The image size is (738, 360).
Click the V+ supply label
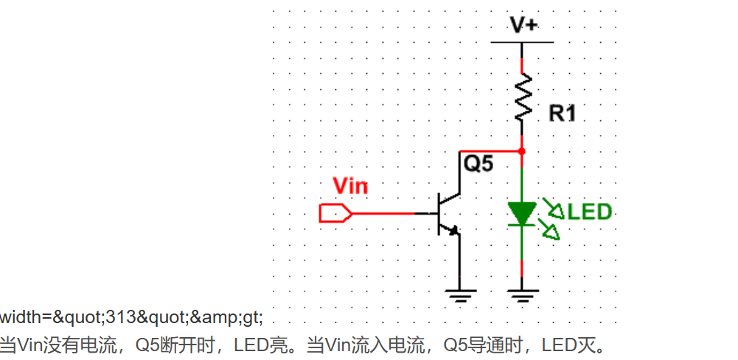coord(524,24)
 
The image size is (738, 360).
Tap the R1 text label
coord(563,114)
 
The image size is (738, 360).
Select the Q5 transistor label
coord(477,164)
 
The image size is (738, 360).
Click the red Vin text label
coord(350,185)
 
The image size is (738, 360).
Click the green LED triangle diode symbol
coord(523,213)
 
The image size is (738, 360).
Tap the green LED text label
coord(590,212)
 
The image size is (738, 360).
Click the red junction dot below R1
coord(523,151)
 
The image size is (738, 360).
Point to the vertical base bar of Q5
coord(440,213)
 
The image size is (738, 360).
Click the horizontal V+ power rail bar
coord(523,42)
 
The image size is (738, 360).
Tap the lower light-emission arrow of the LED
coord(551,232)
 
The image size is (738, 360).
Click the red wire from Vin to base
coord(383,213)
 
